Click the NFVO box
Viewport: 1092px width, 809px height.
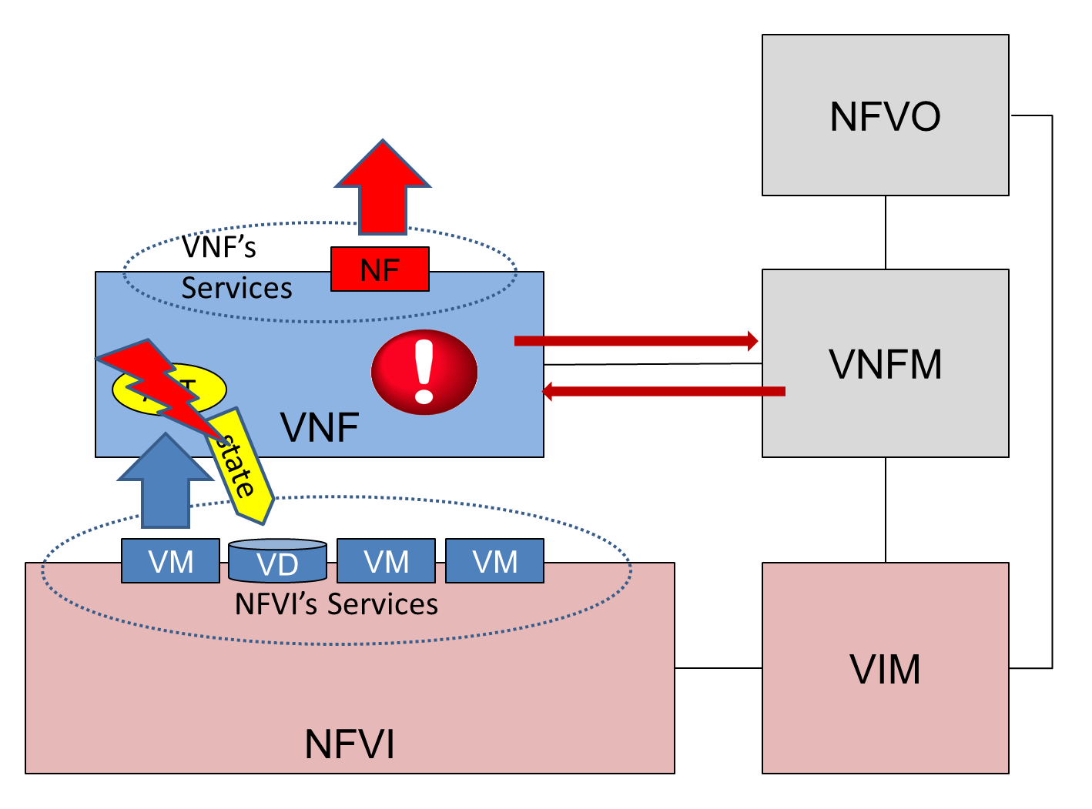[x=885, y=115]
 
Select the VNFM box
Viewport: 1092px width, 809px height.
[x=885, y=363]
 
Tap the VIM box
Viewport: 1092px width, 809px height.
[x=885, y=667]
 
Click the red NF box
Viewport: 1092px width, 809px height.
[x=380, y=269]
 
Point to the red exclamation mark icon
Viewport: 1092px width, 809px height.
[x=424, y=372]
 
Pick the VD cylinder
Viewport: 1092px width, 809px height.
[x=277, y=561]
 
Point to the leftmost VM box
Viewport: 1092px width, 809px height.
[x=170, y=561]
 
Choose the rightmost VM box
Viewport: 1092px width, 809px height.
[x=494, y=561]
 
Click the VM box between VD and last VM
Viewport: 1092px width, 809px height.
[x=386, y=561]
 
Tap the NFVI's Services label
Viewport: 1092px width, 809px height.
[x=336, y=604]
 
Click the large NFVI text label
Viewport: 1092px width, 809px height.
[x=350, y=744]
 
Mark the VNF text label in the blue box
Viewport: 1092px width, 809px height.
[x=320, y=427]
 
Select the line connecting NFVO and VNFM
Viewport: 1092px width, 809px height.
[x=885, y=232]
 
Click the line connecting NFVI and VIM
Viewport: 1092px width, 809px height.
[x=718, y=668]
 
